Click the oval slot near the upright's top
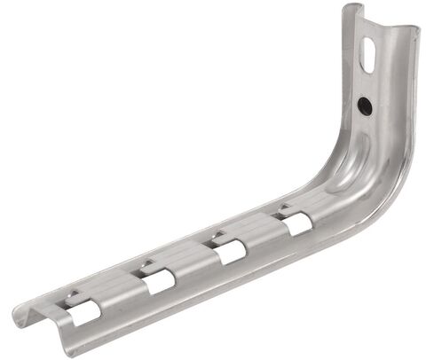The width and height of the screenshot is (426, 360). point(367,55)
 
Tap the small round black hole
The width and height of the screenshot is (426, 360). point(364,105)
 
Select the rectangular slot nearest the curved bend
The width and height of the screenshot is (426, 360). point(296,224)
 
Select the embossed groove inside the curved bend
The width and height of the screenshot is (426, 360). point(342,173)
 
